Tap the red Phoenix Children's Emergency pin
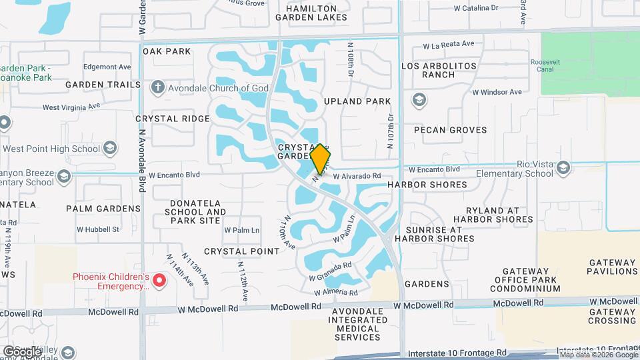click(159, 280)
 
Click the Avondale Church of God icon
click(157, 87)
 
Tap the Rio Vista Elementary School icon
click(564, 167)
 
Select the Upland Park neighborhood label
click(357, 101)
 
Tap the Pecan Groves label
click(450, 130)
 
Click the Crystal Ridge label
click(173, 119)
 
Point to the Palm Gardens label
click(103, 209)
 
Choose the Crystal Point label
click(241, 251)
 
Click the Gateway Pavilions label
click(612, 267)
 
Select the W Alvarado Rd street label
click(357, 176)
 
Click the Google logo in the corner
click(22, 351)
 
